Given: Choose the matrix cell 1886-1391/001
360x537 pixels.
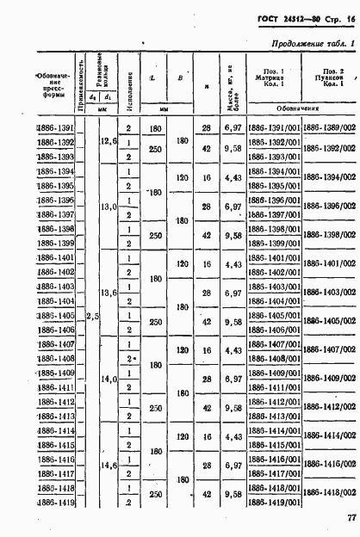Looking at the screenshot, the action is pos(272,127).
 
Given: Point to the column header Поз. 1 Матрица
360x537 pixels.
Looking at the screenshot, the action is pos(271,76).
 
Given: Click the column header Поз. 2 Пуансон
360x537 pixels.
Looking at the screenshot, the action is pos(328,76).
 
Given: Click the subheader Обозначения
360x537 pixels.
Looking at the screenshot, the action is pos(299,111).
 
